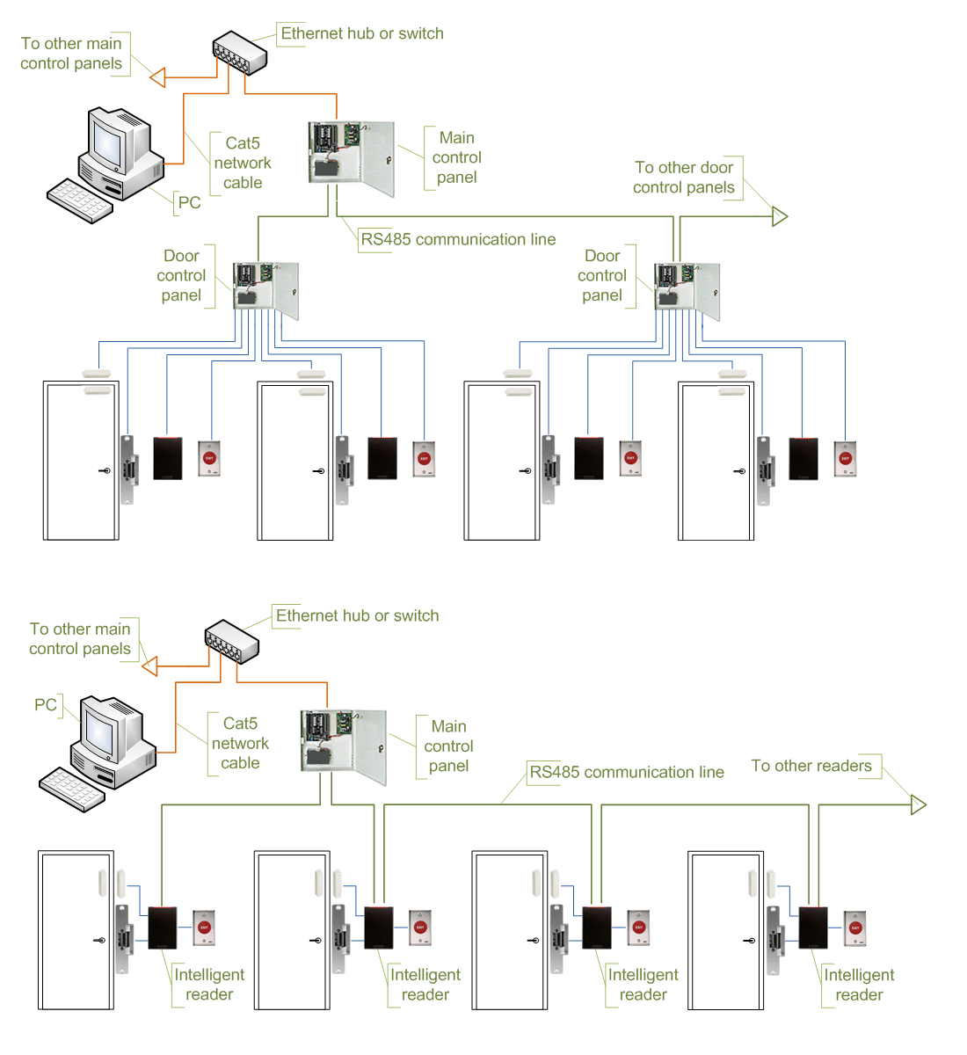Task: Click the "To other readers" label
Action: (x=811, y=766)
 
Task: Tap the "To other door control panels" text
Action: (x=684, y=178)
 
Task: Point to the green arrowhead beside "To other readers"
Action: (x=919, y=804)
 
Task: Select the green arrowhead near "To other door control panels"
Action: (x=780, y=216)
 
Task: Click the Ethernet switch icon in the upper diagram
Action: (x=239, y=54)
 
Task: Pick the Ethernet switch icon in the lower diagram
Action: (x=231, y=643)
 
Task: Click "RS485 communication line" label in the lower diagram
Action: (x=626, y=772)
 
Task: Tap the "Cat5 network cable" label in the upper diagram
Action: (x=243, y=163)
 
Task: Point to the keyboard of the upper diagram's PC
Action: (x=79, y=201)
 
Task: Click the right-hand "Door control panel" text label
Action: (x=602, y=276)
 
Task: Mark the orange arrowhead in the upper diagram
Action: (x=157, y=78)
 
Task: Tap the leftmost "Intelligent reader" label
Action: (x=208, y=985)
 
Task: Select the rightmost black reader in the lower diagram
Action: (x=813, y=928)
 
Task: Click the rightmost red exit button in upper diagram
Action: (x=845, y=458)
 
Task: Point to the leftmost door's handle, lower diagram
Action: (x=99, y=941)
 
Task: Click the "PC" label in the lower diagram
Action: (x=46, y=705)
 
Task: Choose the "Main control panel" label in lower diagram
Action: (x=448, y=746)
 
